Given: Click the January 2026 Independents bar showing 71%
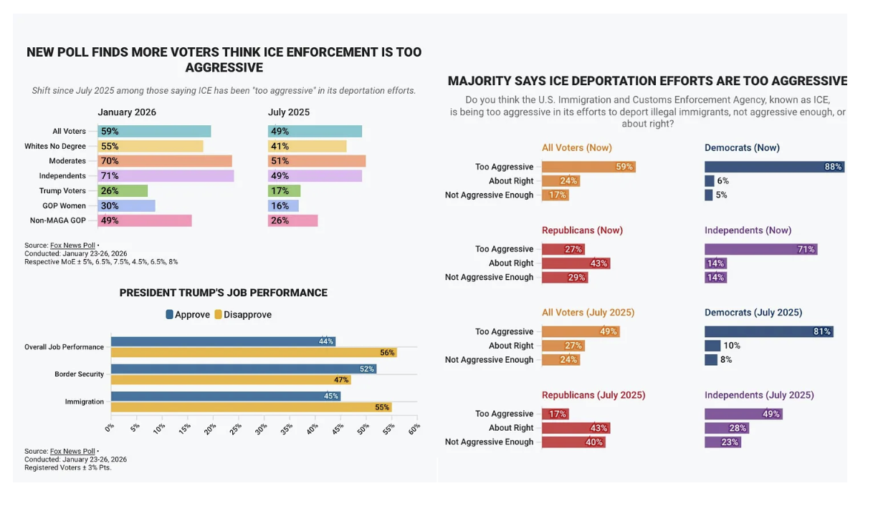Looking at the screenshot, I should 166,176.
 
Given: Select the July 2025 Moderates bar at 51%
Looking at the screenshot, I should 317,161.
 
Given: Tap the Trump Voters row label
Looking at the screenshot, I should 62,191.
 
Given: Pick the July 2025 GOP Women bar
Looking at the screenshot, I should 283,206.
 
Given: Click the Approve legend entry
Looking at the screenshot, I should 188,315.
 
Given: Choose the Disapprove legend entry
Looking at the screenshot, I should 243,315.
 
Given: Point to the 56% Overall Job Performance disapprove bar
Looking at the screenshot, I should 254,353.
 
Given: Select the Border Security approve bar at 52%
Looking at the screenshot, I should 244,369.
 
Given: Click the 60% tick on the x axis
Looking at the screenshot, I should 414,429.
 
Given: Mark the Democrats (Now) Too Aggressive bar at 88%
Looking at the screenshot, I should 774,167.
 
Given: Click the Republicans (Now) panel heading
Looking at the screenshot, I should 582,230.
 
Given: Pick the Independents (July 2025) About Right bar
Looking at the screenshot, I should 727,428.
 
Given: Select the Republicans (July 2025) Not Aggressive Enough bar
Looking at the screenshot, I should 573,442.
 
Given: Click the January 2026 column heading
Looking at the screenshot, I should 127,112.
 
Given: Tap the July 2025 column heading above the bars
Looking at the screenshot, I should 289,112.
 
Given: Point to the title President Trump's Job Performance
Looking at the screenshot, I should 223,293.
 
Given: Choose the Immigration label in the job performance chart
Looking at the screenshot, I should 85,401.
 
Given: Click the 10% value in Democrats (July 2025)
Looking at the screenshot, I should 732,346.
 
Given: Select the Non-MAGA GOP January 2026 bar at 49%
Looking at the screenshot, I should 145,221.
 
